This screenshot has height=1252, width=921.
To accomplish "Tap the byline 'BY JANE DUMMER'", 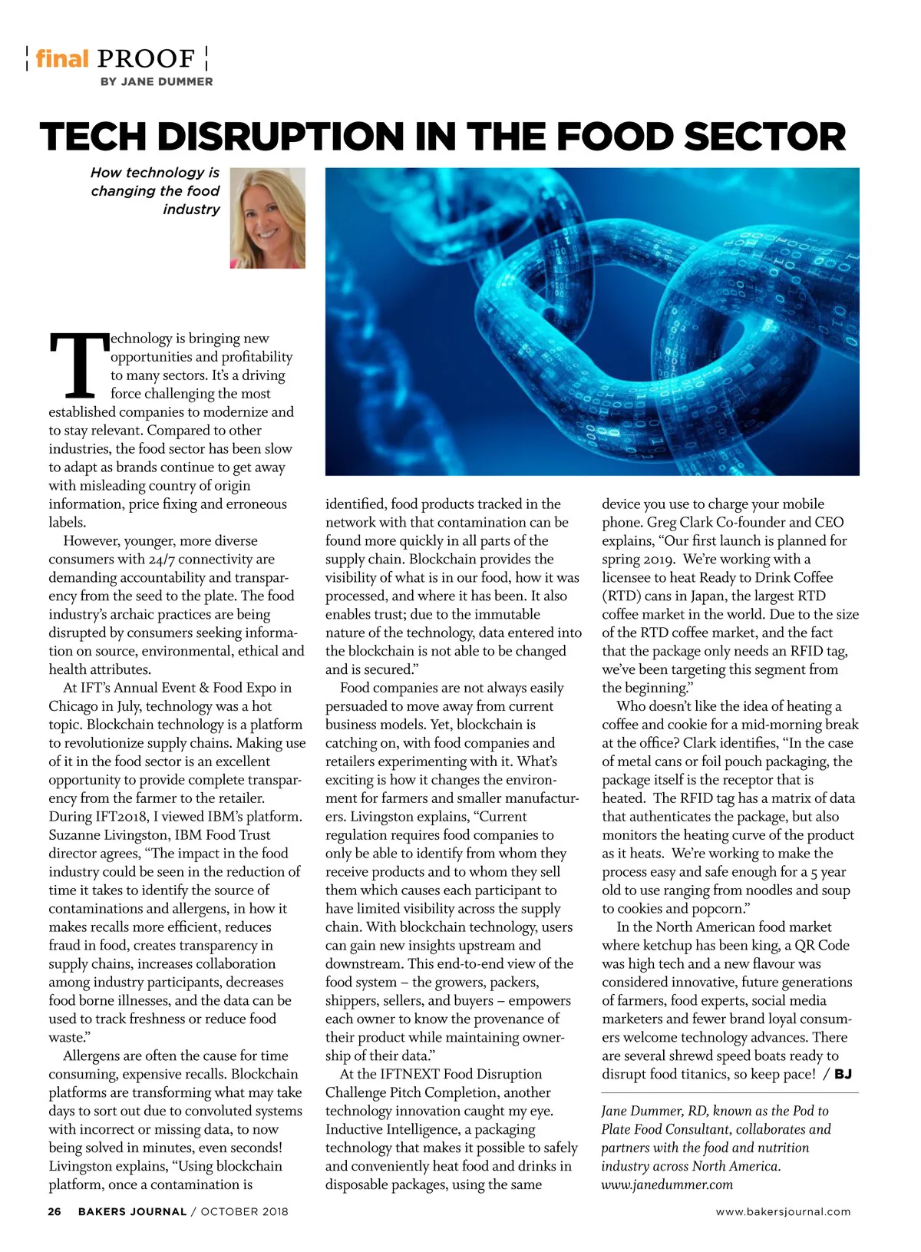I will click(157, 81).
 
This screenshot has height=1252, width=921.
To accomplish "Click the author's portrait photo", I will click(267, 218).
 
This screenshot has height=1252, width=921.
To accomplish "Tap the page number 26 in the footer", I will click(54, 1211).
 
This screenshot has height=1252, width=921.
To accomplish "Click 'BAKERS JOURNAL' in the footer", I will click(132, 1211).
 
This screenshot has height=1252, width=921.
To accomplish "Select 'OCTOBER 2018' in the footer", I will click(244, 1211).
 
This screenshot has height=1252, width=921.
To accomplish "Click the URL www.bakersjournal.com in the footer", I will click(783, 1211).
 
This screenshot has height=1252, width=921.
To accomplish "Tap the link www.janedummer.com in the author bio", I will click(666, 1184).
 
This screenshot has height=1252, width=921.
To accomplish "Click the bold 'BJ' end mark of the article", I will click(843, 1074).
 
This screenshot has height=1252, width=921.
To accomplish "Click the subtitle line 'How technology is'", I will click(155, 173).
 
